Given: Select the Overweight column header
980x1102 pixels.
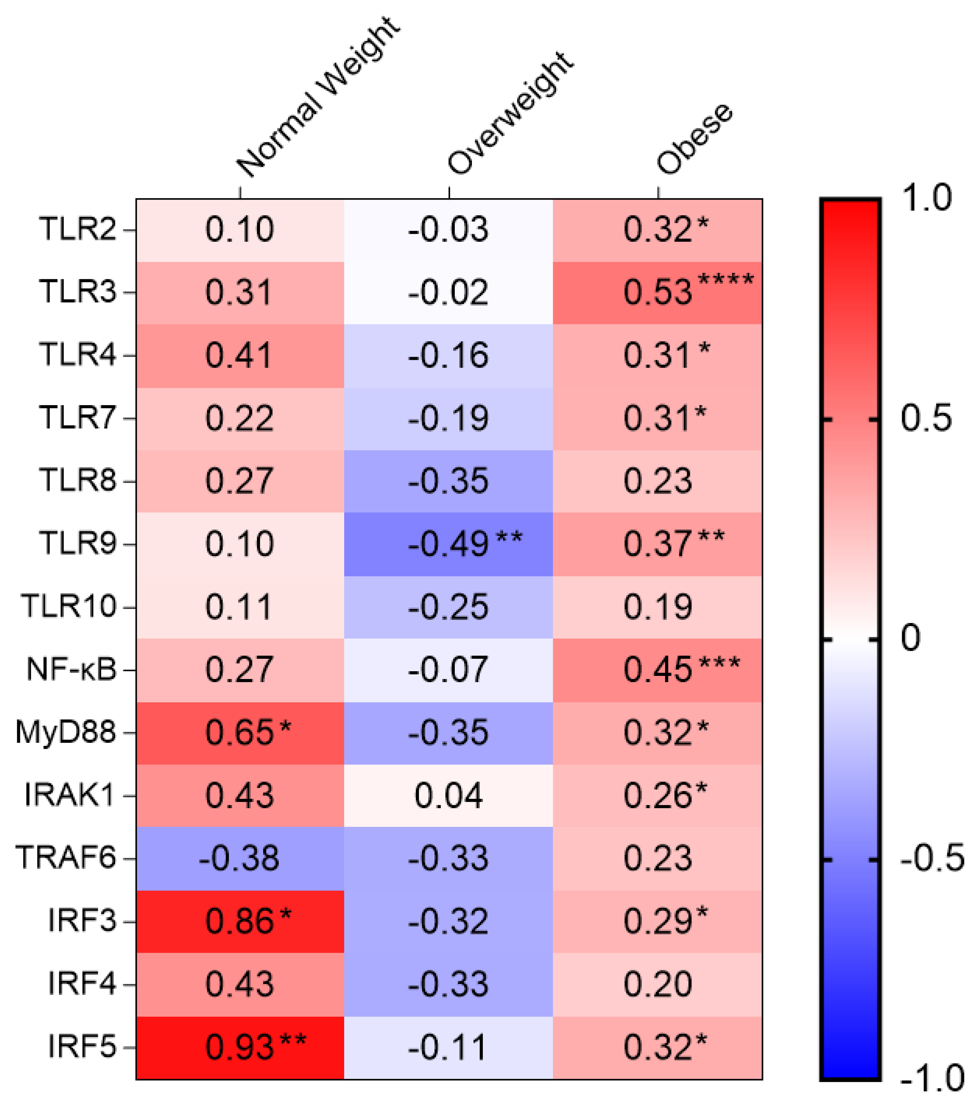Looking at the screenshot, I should pos(510,114).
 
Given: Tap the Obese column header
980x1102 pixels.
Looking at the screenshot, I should pos(694,139).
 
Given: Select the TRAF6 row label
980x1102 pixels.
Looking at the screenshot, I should pos(65,857).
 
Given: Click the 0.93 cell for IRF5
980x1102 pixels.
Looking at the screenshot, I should pos(240,1047).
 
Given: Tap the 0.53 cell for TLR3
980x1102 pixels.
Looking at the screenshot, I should pos(658,292).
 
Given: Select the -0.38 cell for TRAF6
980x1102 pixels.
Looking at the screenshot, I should pos(239,858).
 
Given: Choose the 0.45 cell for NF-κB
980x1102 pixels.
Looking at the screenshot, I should pos(658,670).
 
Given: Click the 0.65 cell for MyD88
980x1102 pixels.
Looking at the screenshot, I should pos(240,732).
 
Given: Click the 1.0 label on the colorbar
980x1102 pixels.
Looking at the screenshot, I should pos(927,198).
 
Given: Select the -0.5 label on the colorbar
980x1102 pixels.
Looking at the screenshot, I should pos(931,858).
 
